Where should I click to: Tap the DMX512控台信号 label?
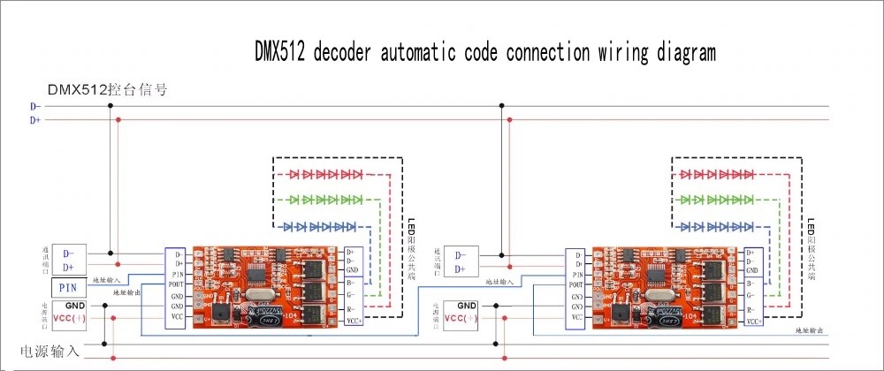[108, 89]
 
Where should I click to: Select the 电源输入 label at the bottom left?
[50, 351]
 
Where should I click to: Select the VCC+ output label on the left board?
[353, 322]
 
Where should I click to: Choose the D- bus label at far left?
[35, 106]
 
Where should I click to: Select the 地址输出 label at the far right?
[808, 330]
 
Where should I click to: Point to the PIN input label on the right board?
[575, 274]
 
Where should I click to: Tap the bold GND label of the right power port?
[467, 306]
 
